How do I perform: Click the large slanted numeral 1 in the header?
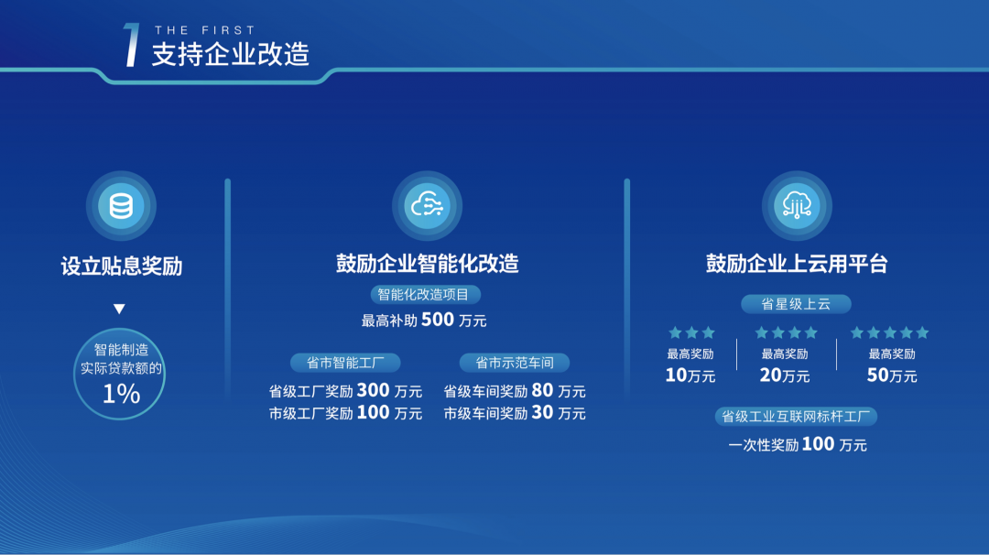point(131,44)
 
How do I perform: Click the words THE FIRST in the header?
point(205,30)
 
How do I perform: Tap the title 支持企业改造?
point(230,54)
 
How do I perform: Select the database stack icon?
point(121,205)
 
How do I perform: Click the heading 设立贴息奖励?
point(122,267)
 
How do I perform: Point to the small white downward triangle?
point(119,309)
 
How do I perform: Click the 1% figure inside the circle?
point(121,394)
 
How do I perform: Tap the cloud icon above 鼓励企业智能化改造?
point(427,205)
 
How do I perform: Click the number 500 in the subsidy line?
point(438,320)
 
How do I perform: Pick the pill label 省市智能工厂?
point(345,363)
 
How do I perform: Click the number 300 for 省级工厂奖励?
point(374,390)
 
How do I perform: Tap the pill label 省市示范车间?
point(515,363)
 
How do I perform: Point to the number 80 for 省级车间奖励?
point(542,390)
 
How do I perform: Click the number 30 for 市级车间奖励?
point(542,412)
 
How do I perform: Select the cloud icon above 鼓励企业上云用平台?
point(797,205)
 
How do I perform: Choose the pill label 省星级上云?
point(796,304)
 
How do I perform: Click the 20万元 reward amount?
point(785,375)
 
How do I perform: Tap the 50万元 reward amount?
point(892,375)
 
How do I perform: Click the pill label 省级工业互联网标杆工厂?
point(796,416)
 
